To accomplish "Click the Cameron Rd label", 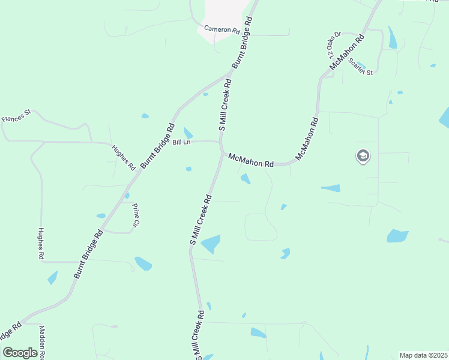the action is (221, 29).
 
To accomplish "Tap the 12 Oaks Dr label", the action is (334, 44).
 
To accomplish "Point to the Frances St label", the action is (16, 115).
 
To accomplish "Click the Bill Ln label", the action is (181, 142).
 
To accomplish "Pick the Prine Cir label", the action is (134, 214).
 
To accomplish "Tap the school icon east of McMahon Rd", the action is (363, 157).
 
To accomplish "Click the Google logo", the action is (20, 352).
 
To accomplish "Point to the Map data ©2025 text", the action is (423, 355).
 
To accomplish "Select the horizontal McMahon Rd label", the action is (251, 160).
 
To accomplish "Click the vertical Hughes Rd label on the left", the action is (41, 244).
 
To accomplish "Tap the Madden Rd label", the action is (42, 342).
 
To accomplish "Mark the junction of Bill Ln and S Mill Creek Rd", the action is (220, 142).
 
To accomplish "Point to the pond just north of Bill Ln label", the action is (188, 133).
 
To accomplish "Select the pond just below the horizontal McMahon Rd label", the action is (246, 178).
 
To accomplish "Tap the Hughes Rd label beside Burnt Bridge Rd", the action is (123, 157).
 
